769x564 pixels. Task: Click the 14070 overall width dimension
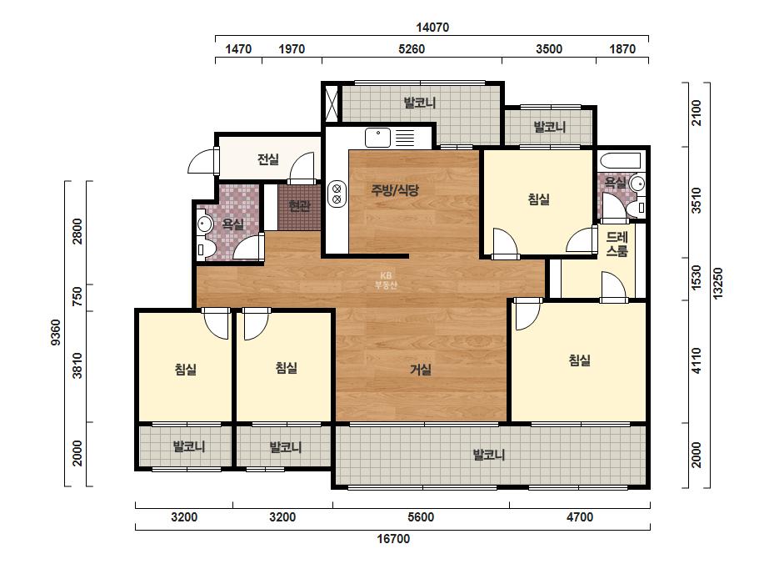pyautogui.click(x=432, y=27)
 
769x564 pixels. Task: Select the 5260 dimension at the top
pyautogui.click(x=412, y=48)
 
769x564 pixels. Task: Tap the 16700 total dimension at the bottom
pyautogui.click(x=393, y=539)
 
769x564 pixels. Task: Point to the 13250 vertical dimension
pyautogui.click(x=717, y=283)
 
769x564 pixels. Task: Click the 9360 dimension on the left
pyautogui.click(x=56, y=332)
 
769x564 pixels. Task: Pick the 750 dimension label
pyautogui.click(x=77, y=297)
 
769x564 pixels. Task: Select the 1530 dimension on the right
pyautogui.click(x=697, y=277)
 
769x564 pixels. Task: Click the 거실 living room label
pyautogui.click(x=421, y=370)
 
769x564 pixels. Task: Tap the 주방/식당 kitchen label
pyautogui.click(x=395, y=189)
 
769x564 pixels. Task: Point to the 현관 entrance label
pyautogui.click(x=299, y=206)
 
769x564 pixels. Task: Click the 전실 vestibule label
pyautogui.click(x=267, y=159)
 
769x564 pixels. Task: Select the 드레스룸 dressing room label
pyautogui.click(x=617, y=244)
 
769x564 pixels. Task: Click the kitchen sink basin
pyautogui.click(x=377, y=138)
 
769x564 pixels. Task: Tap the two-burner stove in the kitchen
pyautogui.click(x=337, y=194)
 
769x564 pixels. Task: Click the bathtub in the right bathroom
pyautogui.click(x=621, y=162)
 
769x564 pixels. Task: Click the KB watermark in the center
pyautogui.click(x=386, y=280)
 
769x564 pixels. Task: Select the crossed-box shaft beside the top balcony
pyautogui.click(x=332, y=103)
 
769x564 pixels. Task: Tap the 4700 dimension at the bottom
pyautogui.click(x=580, y=517)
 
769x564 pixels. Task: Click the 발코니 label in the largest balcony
pyautogui.click(x=488, y=455)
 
